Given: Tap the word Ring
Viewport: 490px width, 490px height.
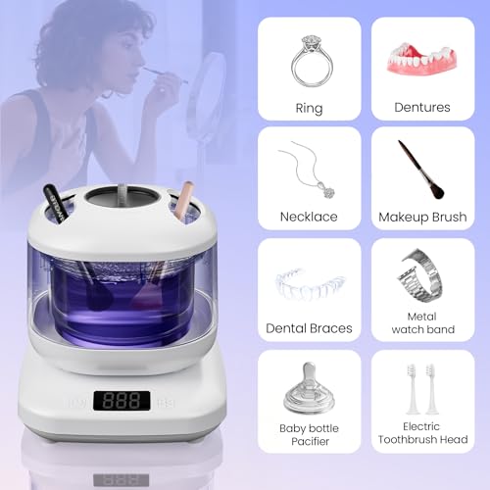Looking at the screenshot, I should pyautogui.click(x=309, y=108).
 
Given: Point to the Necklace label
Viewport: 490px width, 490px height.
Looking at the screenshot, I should pyautogui.click(x=309, y=217).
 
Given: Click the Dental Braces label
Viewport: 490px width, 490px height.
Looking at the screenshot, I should pyautogui.click(x=309, y=328).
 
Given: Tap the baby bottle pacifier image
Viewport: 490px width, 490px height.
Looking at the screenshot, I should pyautogui.click(x=308, y=387).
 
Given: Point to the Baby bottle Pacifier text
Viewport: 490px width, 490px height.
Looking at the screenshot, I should pyautogui.click(x=309, y=433).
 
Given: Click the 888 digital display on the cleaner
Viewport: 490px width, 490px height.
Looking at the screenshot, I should pyautogui.click(x=122, y=401).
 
